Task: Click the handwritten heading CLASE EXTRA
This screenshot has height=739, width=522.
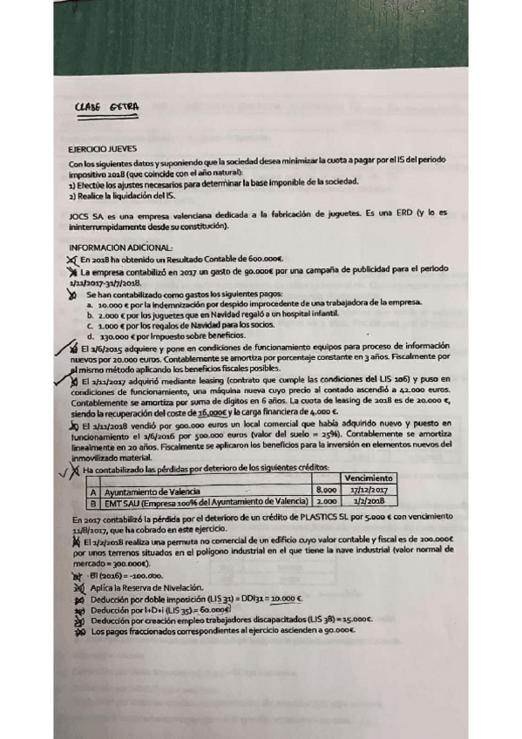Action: (x=109, y=109)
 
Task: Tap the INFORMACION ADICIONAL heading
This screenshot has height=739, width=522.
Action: (x=114, y=248)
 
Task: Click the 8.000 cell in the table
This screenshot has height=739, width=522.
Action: (x=327, y=491)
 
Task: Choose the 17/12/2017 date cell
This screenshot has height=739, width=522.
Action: (x=369, y=491)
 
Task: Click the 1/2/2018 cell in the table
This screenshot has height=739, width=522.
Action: (x=369, y=502)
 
